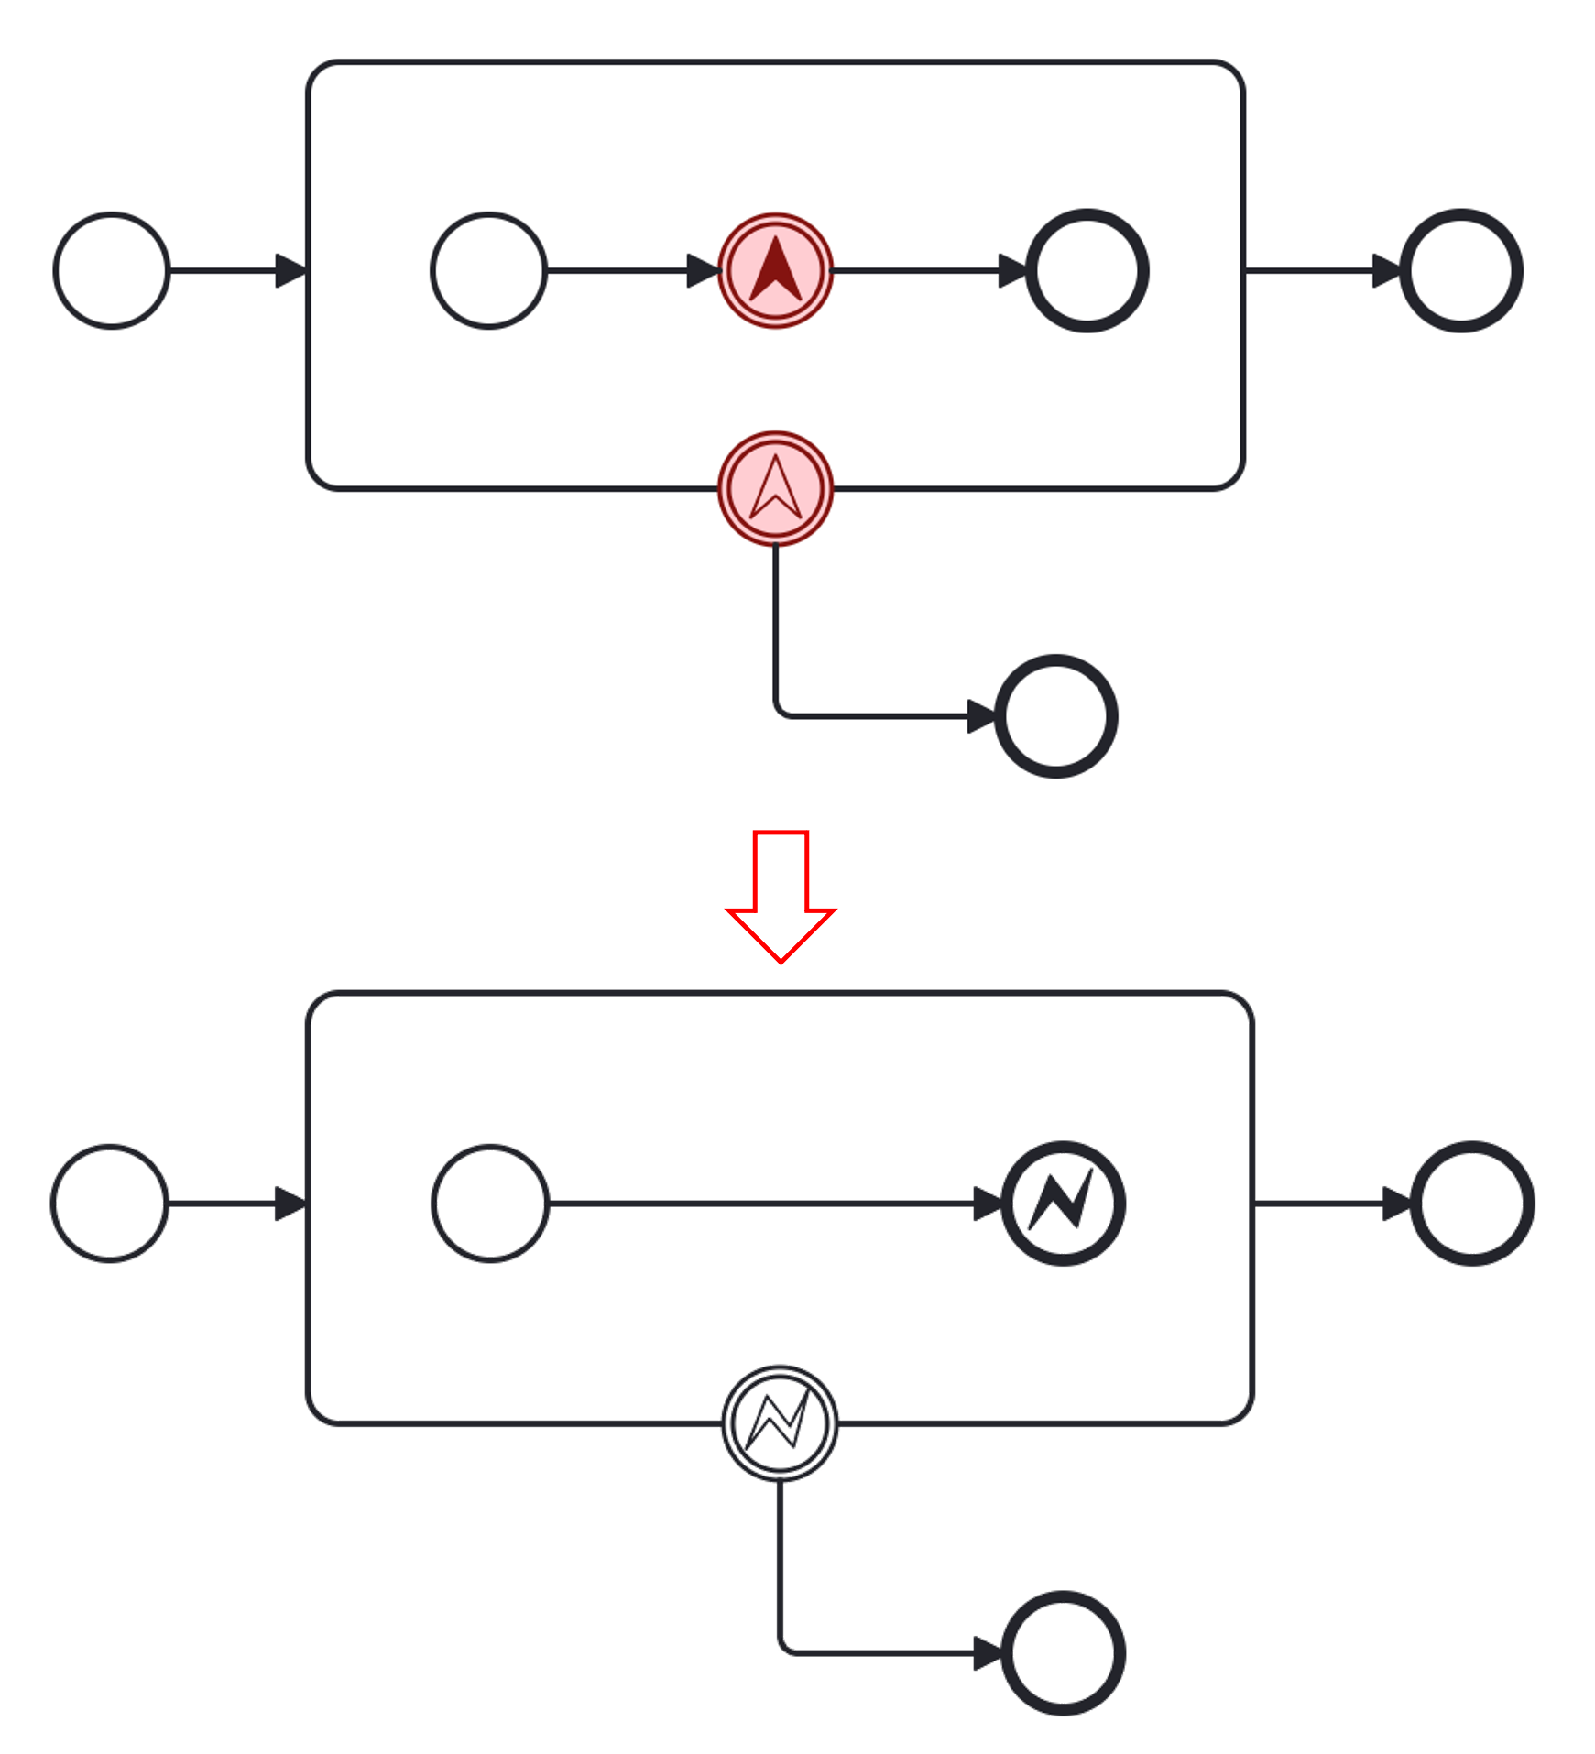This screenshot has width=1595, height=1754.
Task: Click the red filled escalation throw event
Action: coord(776,271)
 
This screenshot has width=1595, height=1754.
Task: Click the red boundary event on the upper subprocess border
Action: coord(776,488)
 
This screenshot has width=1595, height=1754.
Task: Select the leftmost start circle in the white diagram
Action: coord(112,271)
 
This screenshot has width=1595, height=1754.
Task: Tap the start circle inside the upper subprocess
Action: coord(489,271)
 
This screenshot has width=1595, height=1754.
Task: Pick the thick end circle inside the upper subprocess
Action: coord(1087,271)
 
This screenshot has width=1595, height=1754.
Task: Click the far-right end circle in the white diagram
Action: coord(1462,271)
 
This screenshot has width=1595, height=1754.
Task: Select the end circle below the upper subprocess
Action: coord(1056,716)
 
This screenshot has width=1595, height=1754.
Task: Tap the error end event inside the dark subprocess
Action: coord(1064,1204)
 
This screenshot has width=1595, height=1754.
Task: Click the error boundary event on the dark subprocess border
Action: coord(780,1422)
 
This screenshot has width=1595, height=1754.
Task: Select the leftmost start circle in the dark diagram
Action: coord(110,1204)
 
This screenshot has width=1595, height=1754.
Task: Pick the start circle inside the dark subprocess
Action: coord(490,1204)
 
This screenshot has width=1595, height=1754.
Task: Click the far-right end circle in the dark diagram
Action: coord(1473,1204)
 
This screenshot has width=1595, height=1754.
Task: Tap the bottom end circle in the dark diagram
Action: coord(1064,1653)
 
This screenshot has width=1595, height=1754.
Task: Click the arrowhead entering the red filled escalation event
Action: coord(703,271)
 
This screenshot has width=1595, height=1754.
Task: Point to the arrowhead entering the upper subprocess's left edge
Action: coord(291,271)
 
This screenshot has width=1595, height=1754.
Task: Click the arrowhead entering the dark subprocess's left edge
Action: coord(290,1204)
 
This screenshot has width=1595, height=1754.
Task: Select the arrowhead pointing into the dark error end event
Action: coord(988,1204)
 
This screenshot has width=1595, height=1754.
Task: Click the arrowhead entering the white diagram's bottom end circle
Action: coord(982,716)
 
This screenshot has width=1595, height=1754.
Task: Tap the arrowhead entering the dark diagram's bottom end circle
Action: coord(988,1653)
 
